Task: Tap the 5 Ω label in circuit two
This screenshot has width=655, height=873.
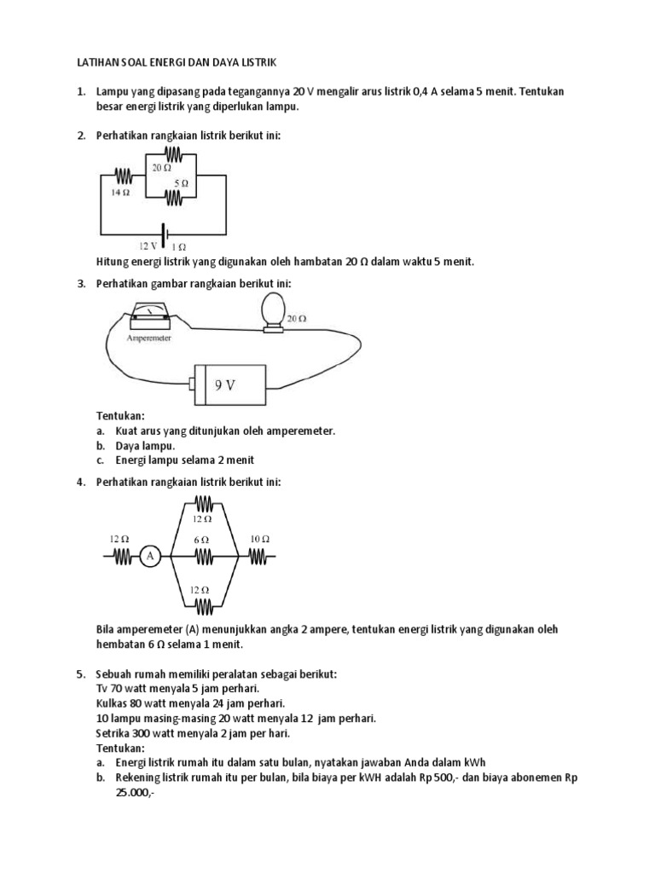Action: [179, 182]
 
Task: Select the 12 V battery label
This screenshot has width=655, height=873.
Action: [148, 246]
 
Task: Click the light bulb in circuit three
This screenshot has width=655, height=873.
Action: [273, 310]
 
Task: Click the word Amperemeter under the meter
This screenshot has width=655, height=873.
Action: [150, 338]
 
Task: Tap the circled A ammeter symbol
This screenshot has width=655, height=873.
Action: [150, 557]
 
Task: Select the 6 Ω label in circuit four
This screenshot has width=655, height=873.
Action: [202, 541]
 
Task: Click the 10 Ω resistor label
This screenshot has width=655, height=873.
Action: [260, 539]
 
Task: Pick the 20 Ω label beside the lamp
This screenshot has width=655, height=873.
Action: [296, 319]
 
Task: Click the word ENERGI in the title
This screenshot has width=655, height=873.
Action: [148, 62]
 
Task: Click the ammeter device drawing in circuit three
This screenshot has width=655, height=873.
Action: [150, 317]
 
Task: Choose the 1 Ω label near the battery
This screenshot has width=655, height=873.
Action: [179, 246]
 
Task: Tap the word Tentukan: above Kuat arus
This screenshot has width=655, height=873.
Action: [120, 417]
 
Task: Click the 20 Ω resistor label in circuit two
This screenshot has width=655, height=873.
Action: [162, 168]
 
